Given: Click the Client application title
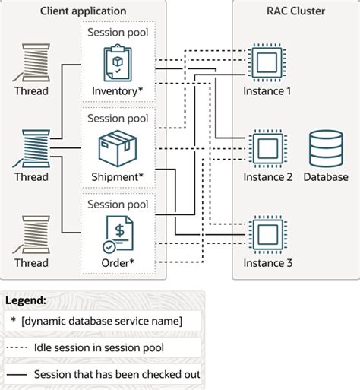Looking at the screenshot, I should pos(83,11).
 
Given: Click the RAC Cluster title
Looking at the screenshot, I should pos(295,11).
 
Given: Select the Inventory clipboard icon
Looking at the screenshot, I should pos(118,62).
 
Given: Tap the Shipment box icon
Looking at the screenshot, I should pos(118,147).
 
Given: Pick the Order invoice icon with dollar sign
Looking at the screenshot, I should pos(118,233).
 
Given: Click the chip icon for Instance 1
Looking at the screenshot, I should pos(267,62).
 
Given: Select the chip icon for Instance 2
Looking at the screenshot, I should pos(267,147).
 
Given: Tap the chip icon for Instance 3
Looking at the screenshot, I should pos(267,233).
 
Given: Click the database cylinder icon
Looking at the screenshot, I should pos(325,147).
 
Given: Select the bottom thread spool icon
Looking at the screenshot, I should pos(31,233).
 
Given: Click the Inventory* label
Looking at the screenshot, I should pos(118,91).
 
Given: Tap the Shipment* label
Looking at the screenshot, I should pos(118,177).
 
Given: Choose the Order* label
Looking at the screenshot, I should pos(118,263).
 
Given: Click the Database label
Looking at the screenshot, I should pos(325,177).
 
